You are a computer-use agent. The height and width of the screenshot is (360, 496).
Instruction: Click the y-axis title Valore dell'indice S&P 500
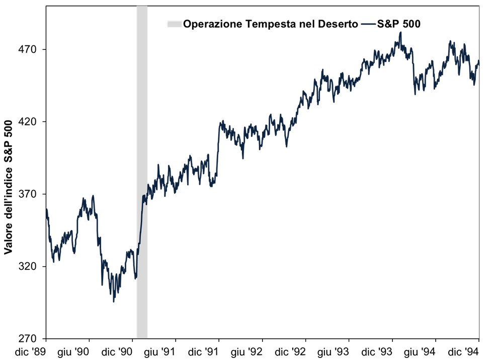point(9,184)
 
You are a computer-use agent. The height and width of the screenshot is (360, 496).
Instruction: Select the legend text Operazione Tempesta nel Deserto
point(271,24)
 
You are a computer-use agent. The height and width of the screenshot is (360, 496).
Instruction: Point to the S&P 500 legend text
point(399,24)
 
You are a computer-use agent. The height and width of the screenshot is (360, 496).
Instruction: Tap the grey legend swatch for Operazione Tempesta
point(174,24)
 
